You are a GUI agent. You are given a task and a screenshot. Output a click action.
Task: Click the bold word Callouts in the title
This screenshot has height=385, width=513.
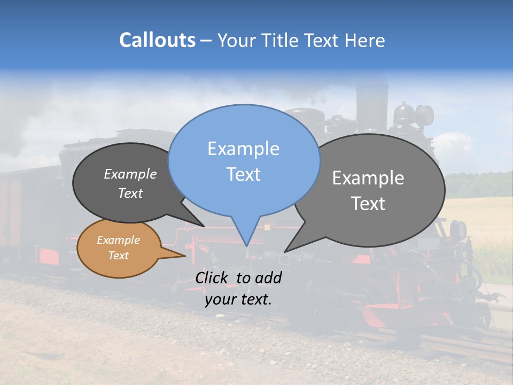pos(157,40)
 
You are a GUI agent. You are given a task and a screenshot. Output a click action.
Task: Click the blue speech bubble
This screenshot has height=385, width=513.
pos(244,160)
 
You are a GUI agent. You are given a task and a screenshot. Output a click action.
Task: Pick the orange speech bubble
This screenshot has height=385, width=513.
pos(119,248)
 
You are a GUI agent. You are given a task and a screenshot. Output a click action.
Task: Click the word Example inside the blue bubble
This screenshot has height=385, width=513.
pos(243,148)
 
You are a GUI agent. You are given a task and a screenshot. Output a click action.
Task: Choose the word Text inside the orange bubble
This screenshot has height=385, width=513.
pos(119,256)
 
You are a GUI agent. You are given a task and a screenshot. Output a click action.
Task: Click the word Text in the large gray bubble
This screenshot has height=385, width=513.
pos(368,204)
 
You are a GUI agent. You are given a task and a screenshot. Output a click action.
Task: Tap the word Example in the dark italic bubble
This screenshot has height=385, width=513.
pos(130,174)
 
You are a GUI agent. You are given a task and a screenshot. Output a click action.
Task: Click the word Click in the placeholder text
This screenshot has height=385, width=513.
pos(212,278)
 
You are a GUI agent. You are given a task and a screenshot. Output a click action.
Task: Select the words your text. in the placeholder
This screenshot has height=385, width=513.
pos(238,299)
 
